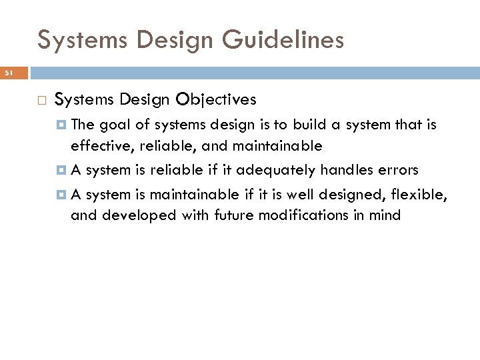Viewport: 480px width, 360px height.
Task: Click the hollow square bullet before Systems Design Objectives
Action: (41, 100)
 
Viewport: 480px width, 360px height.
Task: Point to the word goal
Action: (114, 125)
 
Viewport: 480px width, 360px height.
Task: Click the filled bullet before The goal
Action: (62, 125)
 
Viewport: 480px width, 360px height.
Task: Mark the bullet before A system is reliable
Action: (62, 170)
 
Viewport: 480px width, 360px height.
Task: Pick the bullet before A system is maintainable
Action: (62, 195)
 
